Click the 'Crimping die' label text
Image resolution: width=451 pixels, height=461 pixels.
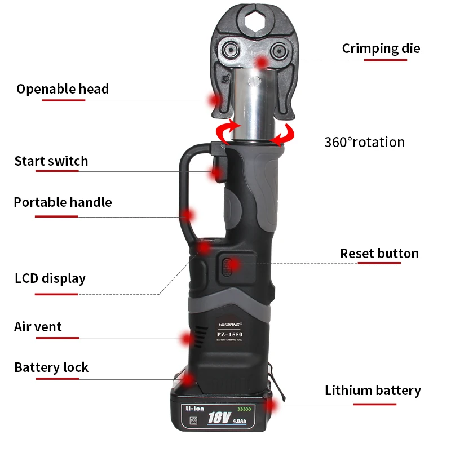pyautogui.click(x=381, y=48)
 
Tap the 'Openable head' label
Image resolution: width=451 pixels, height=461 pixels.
pyautogui.click(x=63, y=89)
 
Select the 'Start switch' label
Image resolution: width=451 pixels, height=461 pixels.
pyautogui.click(x=51, y=161)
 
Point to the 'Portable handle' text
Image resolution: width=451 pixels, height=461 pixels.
pyautogui.click(x=63, y=202)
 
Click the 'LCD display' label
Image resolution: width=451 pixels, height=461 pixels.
pyautogui.click(x=50, y=278)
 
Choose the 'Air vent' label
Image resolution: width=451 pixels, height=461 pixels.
pyautogui.click(x=38, y=327)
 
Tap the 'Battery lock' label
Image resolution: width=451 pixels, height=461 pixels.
pyautogui.click(x=51, y=367)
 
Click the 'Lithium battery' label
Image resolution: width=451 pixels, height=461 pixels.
pyautogui.click(x=373, y=391)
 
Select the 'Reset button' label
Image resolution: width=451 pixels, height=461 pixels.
pyautogui.click(x=379, y=254)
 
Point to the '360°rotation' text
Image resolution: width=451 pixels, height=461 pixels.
pyautogui.click(x=364, y=142)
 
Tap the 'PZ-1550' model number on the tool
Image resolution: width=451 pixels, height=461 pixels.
pyautogui.click(x=230, y=335)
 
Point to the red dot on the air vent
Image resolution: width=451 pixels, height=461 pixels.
pyautogui.click(x=187, y=339)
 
